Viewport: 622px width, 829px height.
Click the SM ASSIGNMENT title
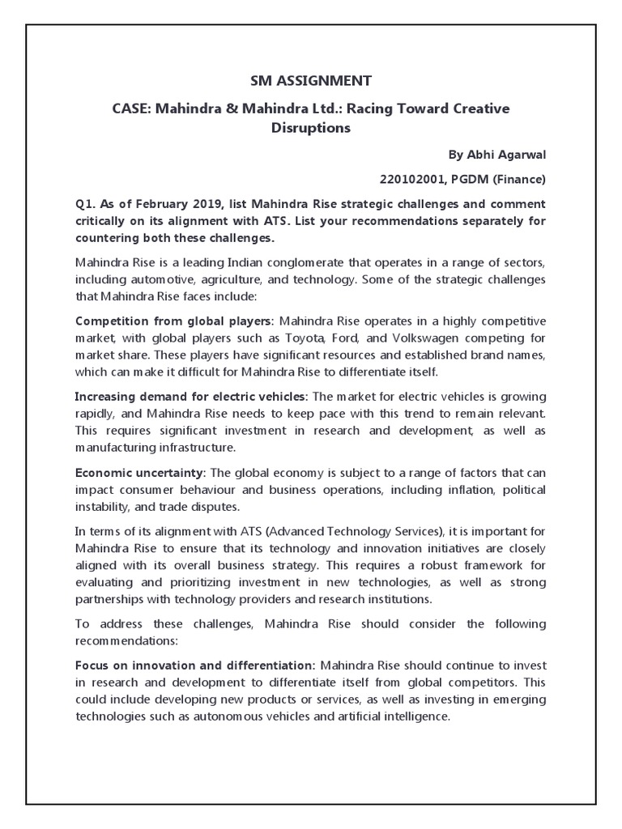coord(310,80)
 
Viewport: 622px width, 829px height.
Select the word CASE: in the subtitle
coord(126,108)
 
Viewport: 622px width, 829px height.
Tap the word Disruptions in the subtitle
coord(311,128)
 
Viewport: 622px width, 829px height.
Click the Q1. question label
coord(87,203)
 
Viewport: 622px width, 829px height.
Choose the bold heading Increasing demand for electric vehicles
coord(190,396)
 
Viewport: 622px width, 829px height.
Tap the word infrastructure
coord(186,446)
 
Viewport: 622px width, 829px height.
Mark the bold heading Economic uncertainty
coord(139,472)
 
